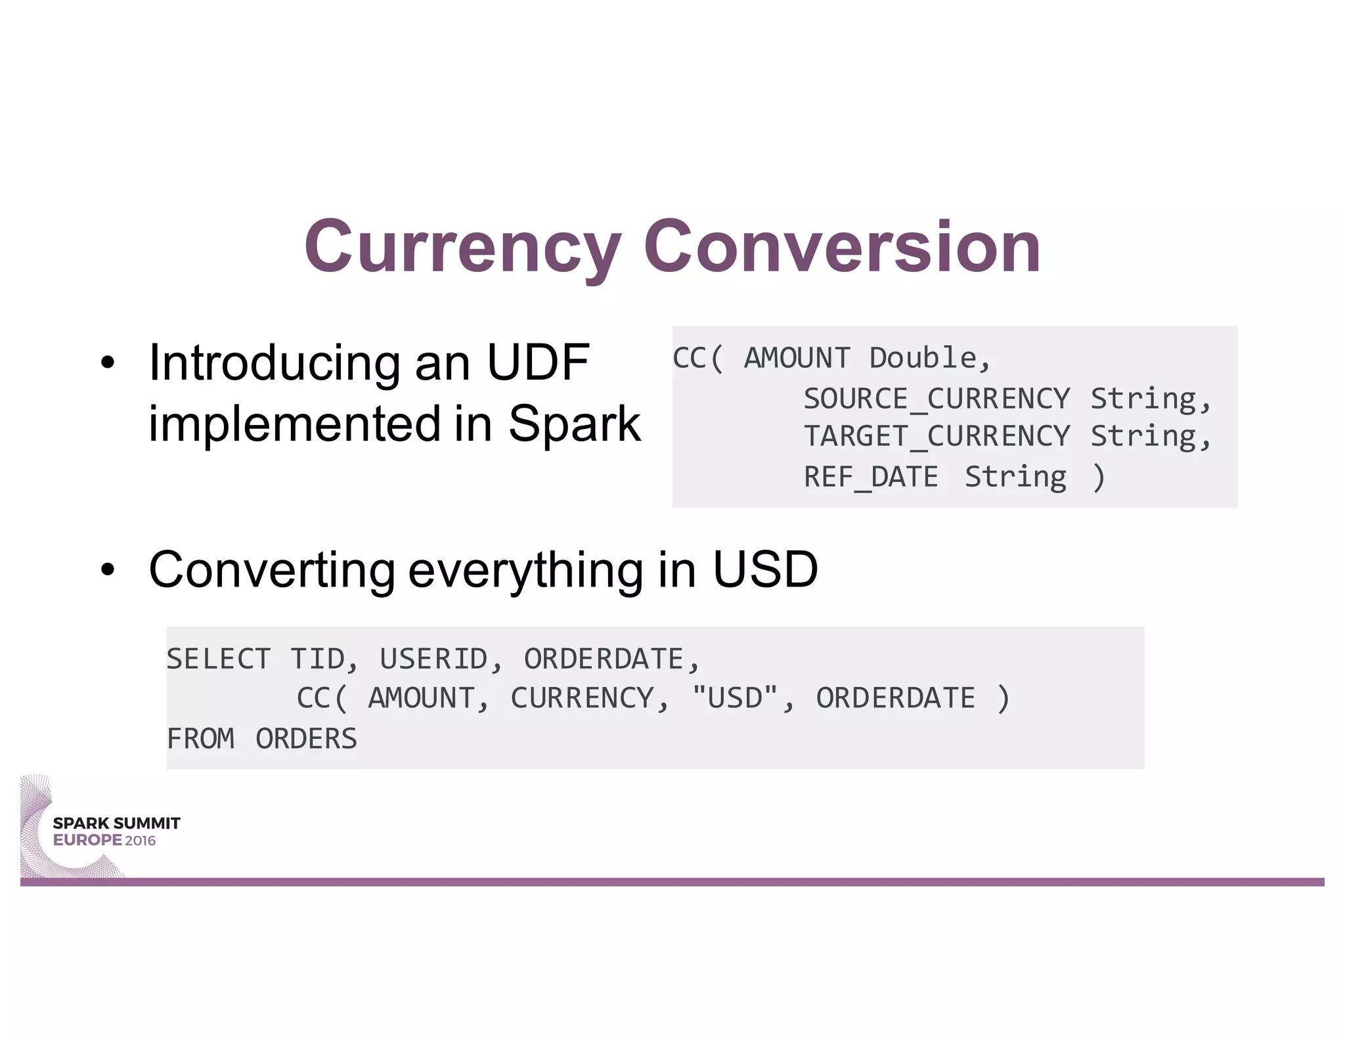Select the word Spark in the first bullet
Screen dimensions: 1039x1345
pyautogui.click(x=574, y=424)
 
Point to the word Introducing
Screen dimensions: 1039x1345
pyautogui.click(x=275, y=363)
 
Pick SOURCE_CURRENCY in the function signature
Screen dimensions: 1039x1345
pyautogui.click(x=937, y=399)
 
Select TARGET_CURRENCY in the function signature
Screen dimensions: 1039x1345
pyautogui.click(x=937, y=437)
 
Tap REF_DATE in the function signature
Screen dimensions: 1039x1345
pyautogui.click(x=871, y=477)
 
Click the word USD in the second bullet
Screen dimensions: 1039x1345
pyautogui.click(x=765, y=569)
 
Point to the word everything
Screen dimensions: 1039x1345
pyautogui.click(x=525, y=571)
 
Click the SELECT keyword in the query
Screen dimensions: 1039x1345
pyautogui.click(x=218, y=659)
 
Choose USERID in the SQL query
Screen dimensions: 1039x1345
pyautogui.click(x=433, y=659)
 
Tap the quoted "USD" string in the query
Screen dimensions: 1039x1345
pyautogui.click(x=736, y=697)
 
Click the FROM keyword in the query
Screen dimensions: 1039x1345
pyautogui.click(x=200, y=739)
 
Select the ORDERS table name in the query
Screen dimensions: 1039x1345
pyautogui.click(x=306, y=739)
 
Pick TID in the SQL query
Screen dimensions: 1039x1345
pyautogui.click(x=318, y=659)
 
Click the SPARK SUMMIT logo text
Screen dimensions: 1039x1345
pyautogui.click(x=116, y=824)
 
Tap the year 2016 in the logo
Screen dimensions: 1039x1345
pyautogui.click(x=141, y=841)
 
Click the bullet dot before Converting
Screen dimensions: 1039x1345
pyautogui.click(x=108, y=571)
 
